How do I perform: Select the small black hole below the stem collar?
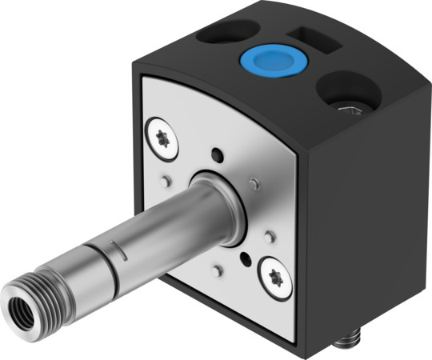coord(243,258)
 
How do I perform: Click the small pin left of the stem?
coord(166,180)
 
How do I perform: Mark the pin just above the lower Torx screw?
coord(270,237)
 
